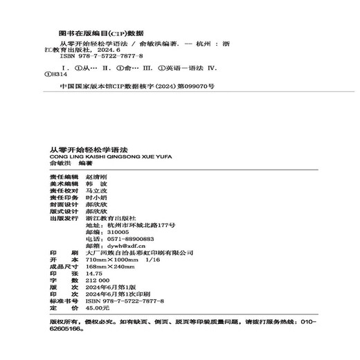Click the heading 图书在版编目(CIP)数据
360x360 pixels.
point(102,33)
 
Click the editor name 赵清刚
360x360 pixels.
point(97,177)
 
